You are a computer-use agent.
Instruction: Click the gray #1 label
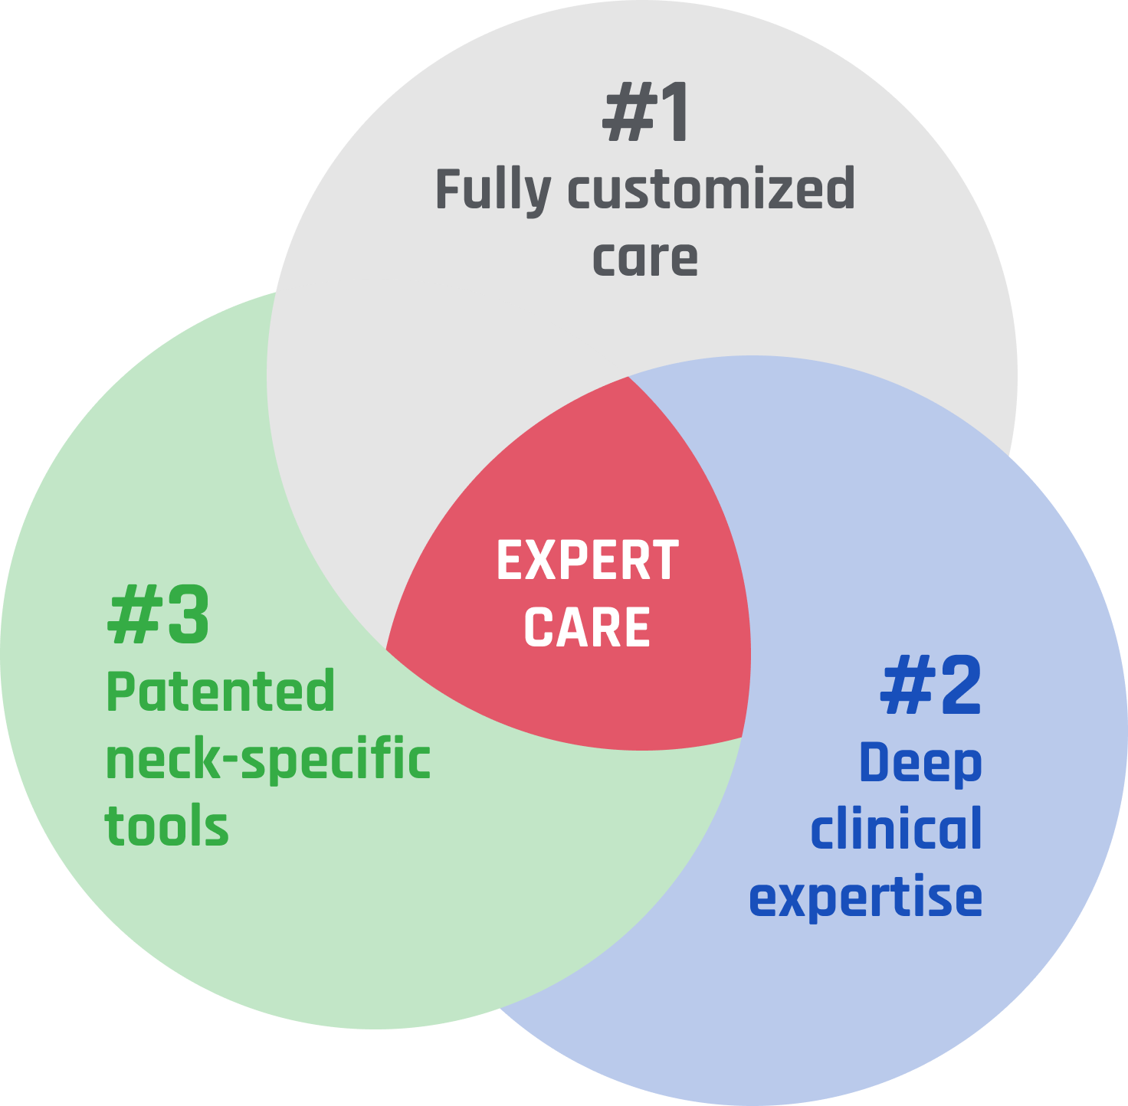coord(646,115)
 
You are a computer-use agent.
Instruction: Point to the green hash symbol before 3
coord(133,615)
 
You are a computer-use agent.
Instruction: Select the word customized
coord(711,189)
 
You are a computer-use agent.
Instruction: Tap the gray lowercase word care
coord(645,258)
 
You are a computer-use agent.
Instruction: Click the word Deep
coord(920,764)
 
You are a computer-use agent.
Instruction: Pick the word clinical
coord(896,829)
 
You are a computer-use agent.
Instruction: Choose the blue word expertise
coord(865,898)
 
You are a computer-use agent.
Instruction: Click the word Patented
coord(221,692)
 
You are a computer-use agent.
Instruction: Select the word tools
coord(166,826)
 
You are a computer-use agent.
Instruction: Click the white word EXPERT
coord(588,561)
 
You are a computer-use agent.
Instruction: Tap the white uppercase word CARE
coord(587,628)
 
